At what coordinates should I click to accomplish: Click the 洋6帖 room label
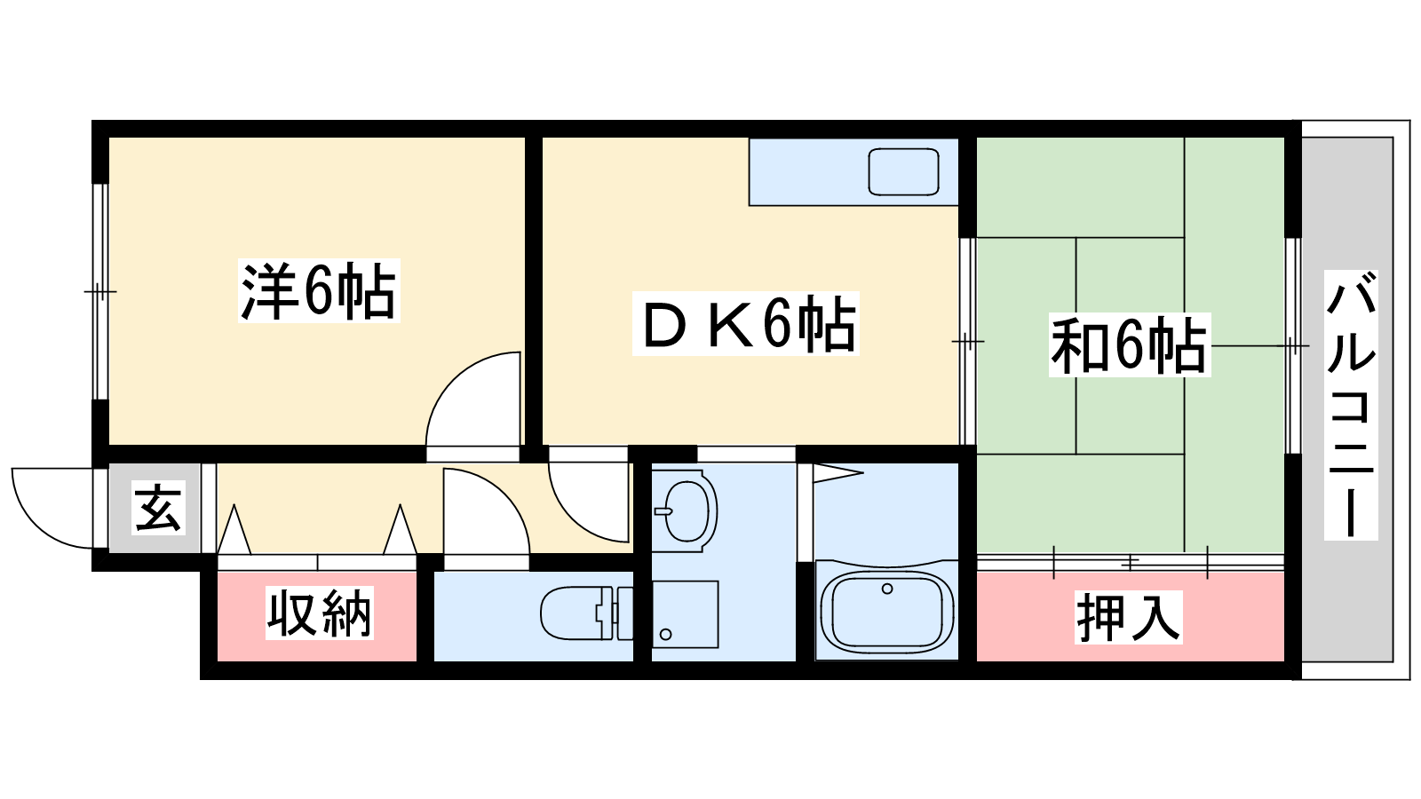click(319, 291)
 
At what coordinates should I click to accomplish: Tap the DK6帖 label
click(746, 323)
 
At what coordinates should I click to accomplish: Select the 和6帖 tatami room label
click(1129, 345)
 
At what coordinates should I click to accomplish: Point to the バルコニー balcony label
click(1351, 405)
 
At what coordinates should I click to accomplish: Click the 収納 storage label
click(319, 613)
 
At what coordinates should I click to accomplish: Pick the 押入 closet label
click(1129, 617)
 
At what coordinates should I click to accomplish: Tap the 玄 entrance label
click(159, 507)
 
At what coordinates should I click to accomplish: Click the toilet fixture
click(587, 613)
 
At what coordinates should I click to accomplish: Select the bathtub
click(887, 612)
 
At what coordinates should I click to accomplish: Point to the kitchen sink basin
click(903, 171)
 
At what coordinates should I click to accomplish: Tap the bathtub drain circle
click(887, 589)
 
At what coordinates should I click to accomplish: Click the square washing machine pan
click(685, 613)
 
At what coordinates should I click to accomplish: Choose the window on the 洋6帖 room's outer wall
click(100, 292)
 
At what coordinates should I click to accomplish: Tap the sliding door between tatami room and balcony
click(1293, 345)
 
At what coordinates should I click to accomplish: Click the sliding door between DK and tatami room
click(967, 341)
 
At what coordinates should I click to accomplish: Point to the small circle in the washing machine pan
click(665, 634)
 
